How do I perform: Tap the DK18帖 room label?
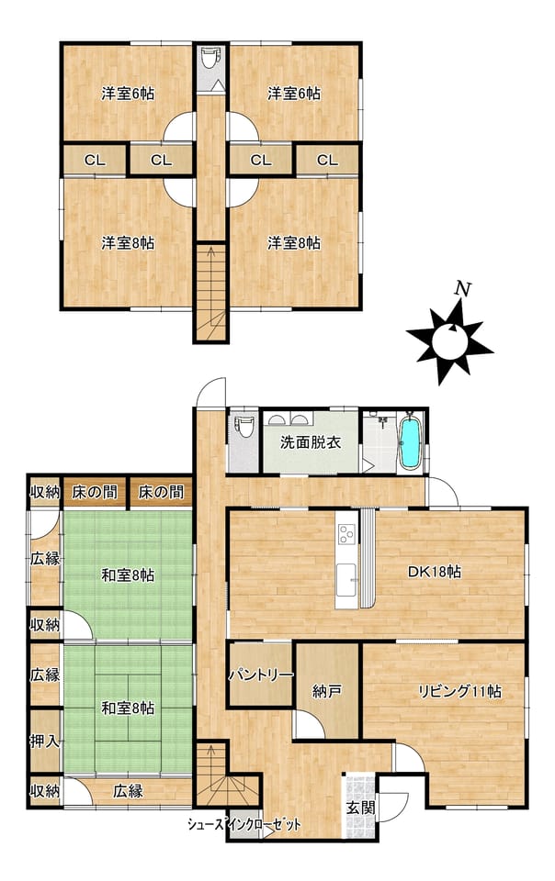[x=435, y=572]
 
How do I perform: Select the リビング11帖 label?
[x=460, y=691]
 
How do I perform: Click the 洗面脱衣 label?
[x=311, y=442]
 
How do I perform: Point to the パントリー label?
[x=261, y=675]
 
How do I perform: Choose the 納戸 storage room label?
[x=327, y=691]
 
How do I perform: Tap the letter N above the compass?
[x=462, y=289]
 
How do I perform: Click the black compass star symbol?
[x=450, y=341]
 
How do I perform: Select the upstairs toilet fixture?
[x=210, y=58]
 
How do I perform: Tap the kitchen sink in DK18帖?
[x=346, y=580]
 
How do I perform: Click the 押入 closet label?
[x=44, y=742]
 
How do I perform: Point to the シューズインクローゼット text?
[x=244, y=825]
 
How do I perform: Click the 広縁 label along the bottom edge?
[x=129, y=791]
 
